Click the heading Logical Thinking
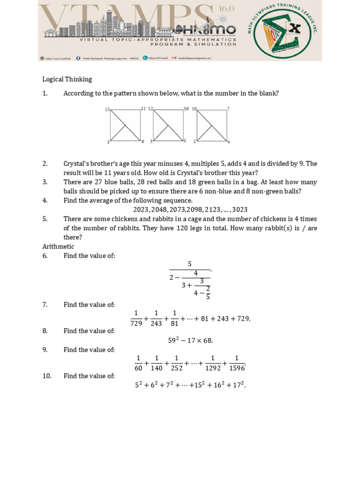[x=67, y=79]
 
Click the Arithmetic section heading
[x=58, y=247]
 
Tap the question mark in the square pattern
[x=228, y=109]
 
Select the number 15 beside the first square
[x=107, y=110]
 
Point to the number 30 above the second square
[x=186, y=109]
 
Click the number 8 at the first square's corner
[x=142, y=141]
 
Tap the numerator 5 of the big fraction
[x=189, y=264]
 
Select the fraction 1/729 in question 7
[x=136, y=318]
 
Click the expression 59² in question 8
[x=174, y=340]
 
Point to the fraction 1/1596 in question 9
[x=237, y=363]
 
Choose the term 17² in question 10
[x=239, y=385]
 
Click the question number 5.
[x=45, y=219]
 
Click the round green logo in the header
[x=283, y=30]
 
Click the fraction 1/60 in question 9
[x=138, y=363]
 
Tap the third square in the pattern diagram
[x=212, y=125]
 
